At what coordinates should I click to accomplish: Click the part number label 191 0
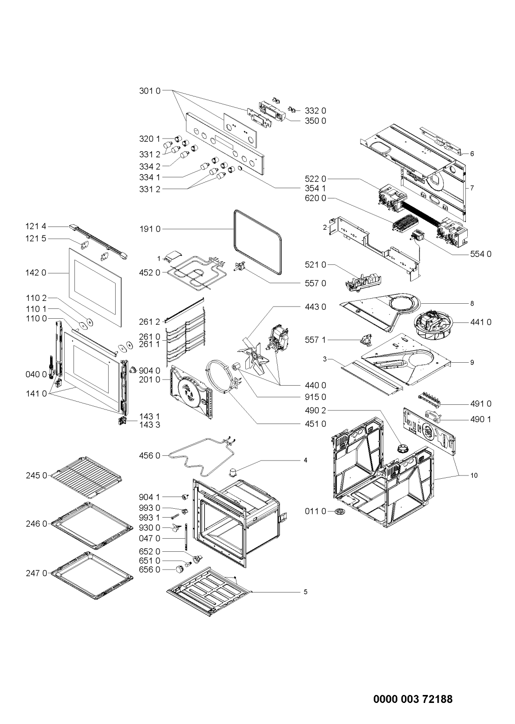[150, 229]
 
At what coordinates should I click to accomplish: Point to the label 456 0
[150, 456]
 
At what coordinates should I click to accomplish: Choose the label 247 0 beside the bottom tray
[37, 573]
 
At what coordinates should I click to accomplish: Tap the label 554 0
[481, 254]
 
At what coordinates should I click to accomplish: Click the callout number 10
[474, 475]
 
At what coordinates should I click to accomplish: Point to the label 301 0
[150, 91]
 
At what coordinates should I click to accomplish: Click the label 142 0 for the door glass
[36, 273]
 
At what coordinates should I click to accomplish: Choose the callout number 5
[306, 592]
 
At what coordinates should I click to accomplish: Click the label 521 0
[316, 265]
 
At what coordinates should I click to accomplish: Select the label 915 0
[316, 397]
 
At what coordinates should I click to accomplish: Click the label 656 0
[150, 570]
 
